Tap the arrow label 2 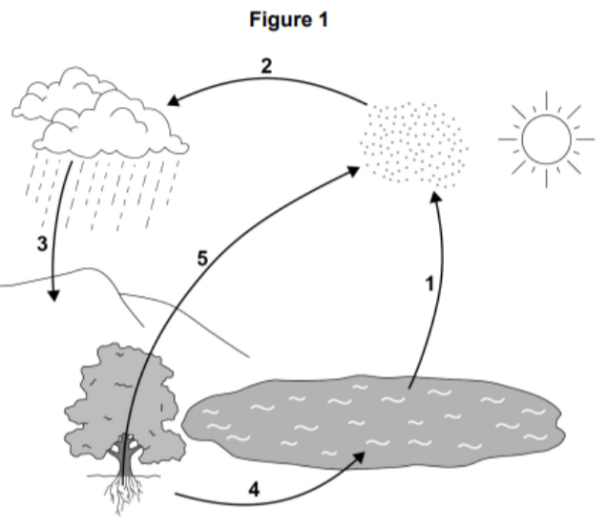click(x=268, y=66)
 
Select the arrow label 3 click(x=42, y=243)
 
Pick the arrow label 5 click(x=201, y=258)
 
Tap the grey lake click(x=372, y=424)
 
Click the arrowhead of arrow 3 click(x=52, y=295)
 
